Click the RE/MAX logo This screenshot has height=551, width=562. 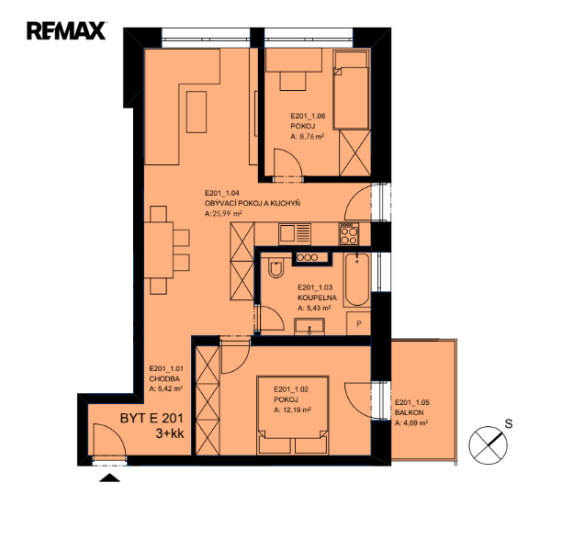66,31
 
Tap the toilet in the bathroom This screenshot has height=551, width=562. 275,268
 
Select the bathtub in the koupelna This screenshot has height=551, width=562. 357,280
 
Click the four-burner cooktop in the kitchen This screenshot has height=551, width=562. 349,234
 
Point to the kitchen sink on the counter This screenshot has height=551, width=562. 295,234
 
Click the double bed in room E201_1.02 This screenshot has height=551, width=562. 292,415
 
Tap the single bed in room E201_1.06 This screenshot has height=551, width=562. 351,90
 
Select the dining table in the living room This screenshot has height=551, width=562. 159,250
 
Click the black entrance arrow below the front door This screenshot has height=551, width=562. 109,478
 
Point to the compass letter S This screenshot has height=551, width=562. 509,423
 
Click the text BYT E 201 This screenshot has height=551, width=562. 152,418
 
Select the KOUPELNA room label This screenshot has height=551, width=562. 317,298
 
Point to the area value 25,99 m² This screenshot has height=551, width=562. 223,214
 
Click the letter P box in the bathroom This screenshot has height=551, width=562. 358,324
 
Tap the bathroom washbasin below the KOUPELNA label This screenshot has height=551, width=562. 309,327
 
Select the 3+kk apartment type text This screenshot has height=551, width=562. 170,433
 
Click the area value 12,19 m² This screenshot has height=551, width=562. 292,410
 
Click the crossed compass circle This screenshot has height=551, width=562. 488,445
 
